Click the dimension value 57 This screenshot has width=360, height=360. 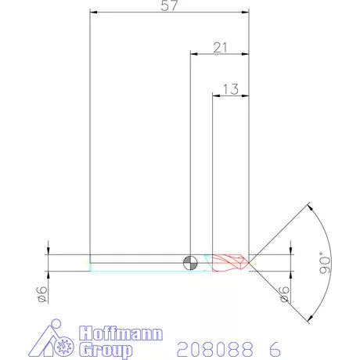[169, 6]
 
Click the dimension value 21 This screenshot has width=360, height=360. [220, 47]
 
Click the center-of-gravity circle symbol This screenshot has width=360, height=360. [189, 262]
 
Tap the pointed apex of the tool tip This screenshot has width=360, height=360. [249, 262]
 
